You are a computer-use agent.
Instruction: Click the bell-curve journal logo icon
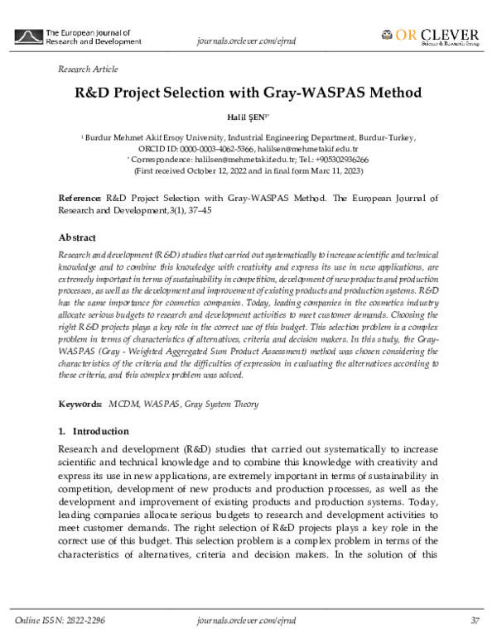pos(30,36)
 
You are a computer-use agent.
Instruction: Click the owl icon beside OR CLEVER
pos(387,35)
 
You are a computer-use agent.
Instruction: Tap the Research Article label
pos(88,69)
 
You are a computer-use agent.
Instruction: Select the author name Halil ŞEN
pos(248,118)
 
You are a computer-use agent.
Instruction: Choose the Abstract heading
pos(77,237)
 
